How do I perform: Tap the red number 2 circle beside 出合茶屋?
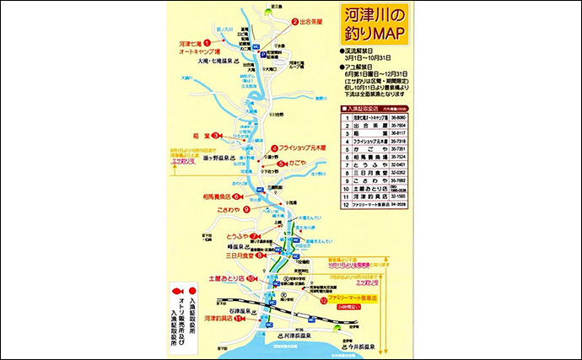[x=295, y=22]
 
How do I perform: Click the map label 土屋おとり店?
[x=224, y=278]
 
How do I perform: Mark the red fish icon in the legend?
[x=172, y=292]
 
